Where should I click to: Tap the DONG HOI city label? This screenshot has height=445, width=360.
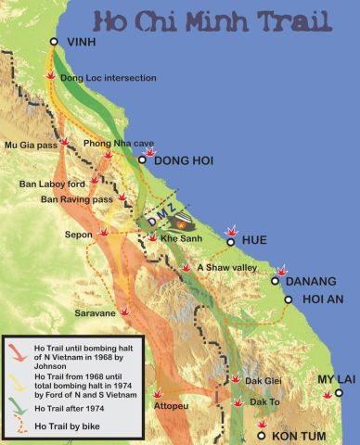tap(183, 160)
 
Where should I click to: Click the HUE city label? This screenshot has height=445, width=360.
tap(253, 240)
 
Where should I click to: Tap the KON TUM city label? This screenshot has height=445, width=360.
tap(301, 434)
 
